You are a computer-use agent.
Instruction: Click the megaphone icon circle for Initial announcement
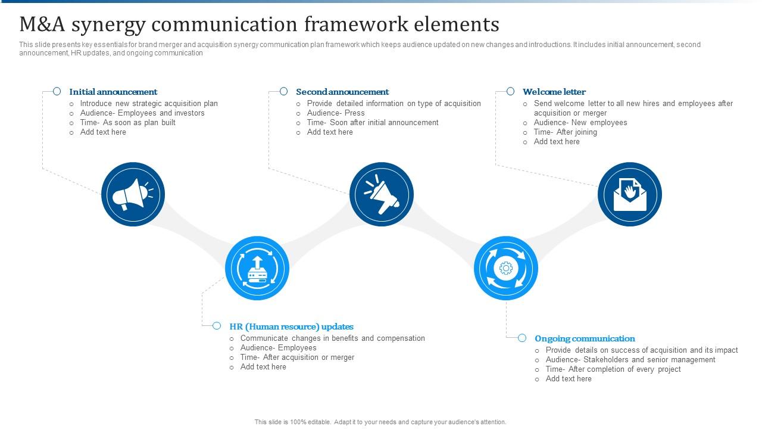click(133, 194)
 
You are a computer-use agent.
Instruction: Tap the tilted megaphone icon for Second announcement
click(382, 194)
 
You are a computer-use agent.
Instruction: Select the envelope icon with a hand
click(630, 194)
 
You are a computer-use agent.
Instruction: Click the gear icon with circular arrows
click(506, 268)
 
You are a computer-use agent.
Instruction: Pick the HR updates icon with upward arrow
click(257, 268)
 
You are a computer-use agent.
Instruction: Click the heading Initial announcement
click(113, 92)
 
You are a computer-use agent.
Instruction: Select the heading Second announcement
click(342, 92)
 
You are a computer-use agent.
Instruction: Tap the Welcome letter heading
click(554, 92)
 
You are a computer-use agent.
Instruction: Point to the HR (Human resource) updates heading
click(292, 327)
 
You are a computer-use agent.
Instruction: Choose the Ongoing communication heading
click(585, 338)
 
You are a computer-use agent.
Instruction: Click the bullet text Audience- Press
click(336, 113)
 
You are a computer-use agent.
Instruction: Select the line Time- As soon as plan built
click(128, 123)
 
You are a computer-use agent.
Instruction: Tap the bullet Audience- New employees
click(580, 123)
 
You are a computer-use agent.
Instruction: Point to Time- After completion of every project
click(613, 369)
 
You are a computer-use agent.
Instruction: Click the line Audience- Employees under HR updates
click(279, 348)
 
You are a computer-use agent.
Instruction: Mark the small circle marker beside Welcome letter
click(511, 92)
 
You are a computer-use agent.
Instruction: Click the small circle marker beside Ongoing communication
click(522, 338)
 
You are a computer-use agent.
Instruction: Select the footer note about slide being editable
click(380, 422)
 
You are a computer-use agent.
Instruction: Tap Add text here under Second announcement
click(330, 132)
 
